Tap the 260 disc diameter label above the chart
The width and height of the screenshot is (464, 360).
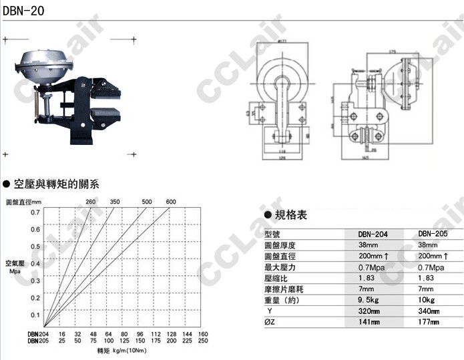coord(91,202)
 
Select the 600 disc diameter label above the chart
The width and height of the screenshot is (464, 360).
coord(170,202)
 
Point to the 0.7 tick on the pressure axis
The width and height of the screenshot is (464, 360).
coord(35,212)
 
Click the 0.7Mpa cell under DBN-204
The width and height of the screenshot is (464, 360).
coord(372,267)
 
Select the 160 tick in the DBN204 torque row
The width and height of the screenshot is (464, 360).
coord(204,333)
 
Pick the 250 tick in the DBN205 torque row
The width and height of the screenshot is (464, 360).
coord(204,341)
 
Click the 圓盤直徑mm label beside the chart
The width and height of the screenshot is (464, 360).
coord(23,202)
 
